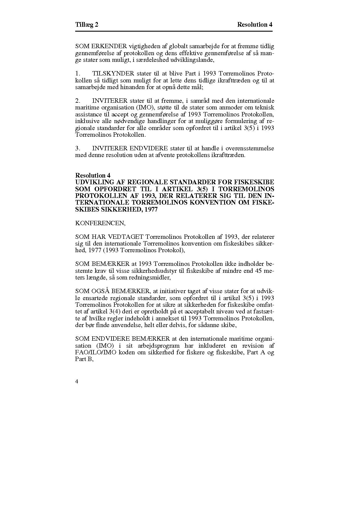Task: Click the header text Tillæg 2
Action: (87, 25)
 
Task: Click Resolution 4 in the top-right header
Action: (255, 25)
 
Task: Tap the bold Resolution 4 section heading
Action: (93, 175)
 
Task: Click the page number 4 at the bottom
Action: (77, 382)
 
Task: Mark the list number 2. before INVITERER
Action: (78, 101)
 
